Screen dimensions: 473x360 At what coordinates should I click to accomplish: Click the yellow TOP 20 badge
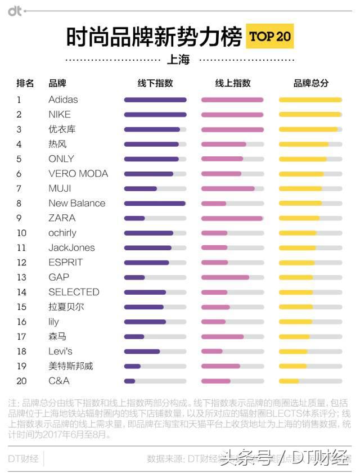269,37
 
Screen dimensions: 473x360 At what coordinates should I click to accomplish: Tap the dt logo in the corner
15,11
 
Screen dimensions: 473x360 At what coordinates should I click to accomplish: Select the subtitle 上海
178,60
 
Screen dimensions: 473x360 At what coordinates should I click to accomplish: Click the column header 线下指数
155,83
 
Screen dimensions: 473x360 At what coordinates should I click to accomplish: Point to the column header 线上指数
232,83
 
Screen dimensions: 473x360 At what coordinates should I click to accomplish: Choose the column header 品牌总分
310,83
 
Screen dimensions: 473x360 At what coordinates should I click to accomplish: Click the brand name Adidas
63,100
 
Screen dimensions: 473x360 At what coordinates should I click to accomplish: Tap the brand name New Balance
76,203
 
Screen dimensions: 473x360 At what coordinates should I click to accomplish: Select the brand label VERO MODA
78,174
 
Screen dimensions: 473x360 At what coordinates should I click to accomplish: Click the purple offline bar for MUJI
141,188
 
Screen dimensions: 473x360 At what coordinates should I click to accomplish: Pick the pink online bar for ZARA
232,218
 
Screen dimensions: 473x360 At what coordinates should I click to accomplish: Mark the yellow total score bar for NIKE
309,115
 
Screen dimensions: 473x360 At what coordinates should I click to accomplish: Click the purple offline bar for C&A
130,381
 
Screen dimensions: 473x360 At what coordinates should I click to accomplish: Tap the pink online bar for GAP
225,277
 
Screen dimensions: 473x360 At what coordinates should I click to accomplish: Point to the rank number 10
21,233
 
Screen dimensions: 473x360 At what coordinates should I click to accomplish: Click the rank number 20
21,381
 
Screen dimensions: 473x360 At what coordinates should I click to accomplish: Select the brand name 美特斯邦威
70,366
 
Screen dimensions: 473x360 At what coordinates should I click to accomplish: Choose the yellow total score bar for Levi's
293,352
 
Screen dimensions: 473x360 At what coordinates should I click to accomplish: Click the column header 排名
25,83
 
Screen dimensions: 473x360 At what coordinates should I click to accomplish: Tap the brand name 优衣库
62,129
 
